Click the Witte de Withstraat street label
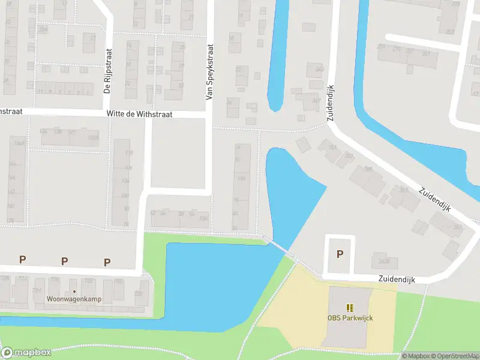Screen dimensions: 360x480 click(139, 113)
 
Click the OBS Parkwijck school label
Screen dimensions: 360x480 click(350, 318)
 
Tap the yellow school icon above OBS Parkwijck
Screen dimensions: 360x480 click(350, 308)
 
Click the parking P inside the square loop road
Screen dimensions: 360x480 click(340, 254)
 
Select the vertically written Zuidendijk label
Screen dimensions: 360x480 click(331, 103)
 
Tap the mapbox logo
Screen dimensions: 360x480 click(26, 353)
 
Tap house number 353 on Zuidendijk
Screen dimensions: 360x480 click(349, 156)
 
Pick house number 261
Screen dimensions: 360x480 click(426, 53)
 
